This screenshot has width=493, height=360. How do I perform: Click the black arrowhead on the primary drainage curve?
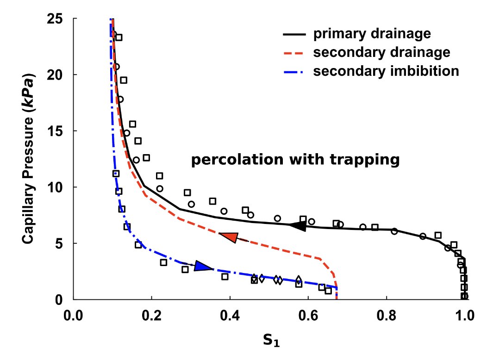[297, 226]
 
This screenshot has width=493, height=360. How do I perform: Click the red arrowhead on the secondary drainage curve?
[229, 237]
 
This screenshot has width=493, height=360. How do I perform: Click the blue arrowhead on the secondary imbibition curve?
[203, 266]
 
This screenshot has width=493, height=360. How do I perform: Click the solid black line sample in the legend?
[294, 34]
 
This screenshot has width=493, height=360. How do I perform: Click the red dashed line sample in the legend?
[294, 53]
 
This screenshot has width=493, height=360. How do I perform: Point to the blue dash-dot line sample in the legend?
[294, 72]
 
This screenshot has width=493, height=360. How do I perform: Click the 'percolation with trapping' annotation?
[295, 160]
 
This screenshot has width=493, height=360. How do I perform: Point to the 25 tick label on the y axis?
[55, 19]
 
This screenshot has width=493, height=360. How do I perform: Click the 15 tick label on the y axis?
[55, 131]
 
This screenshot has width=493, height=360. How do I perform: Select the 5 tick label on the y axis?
[59, 243]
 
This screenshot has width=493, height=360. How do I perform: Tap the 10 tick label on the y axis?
[55, 187]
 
